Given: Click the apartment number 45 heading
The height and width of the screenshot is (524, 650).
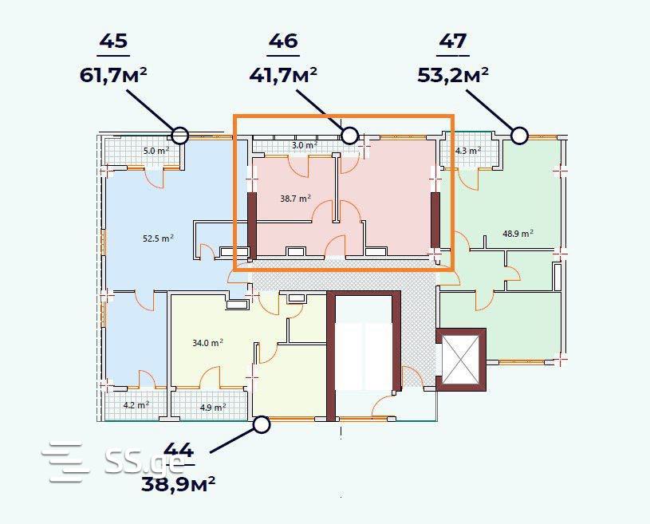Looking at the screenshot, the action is click(x=113, y=41).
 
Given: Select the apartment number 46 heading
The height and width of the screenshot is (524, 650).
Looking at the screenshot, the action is click(x=283, y=41).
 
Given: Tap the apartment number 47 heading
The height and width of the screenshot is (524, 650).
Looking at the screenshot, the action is click(x=453, y=41).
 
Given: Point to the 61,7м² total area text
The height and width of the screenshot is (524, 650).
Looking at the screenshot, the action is click(x=113, y=75).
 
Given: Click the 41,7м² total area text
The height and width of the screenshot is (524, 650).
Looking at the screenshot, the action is click(x=283, y=75).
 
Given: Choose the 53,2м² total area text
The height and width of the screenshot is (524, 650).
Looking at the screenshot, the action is click(x=453, y=75).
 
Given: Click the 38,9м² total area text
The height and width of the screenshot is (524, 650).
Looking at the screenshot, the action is click(x=179, y=483).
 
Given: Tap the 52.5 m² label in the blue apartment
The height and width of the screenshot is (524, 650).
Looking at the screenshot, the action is click(x=158, y=238).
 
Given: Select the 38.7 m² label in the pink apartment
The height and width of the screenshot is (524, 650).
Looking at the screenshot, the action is click(x=296, y=199).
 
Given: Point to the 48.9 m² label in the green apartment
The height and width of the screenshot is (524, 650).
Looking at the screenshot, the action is click(x=518, y=234).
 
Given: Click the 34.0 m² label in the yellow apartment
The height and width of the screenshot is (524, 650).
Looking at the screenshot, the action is click(x=207, y=343).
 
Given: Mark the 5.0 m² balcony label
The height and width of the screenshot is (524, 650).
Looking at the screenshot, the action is click(x=156, y=151).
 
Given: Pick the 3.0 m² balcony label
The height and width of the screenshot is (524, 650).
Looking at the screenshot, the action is click(x=304, y=145).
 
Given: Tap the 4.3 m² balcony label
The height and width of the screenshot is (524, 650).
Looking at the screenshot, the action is click(x=468, y=151).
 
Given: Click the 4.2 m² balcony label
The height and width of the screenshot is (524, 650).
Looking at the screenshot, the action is click(x=136, y=405).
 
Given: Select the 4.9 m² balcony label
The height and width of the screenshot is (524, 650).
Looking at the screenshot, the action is click(x=213, y=407).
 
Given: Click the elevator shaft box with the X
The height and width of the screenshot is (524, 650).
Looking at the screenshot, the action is click(x=460, y=360).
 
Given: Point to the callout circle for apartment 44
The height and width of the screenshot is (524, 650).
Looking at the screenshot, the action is click(x=262, y=424).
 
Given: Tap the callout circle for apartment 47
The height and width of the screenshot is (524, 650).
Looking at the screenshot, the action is click(x=519, y=135).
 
